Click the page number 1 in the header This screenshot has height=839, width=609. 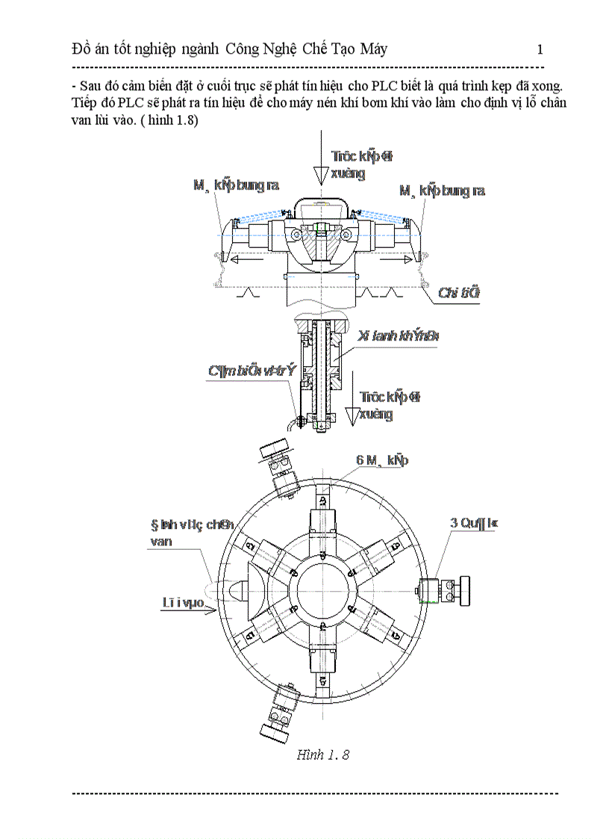(540, 50)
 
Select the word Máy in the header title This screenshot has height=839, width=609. (371, 50)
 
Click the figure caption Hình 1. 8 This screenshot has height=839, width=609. (322, 754)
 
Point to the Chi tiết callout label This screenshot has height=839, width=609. (459, 293)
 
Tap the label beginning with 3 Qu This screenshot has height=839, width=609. (473, 524)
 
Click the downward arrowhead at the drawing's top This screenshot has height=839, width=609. (319, 176)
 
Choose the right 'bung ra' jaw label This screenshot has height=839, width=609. (442, 191)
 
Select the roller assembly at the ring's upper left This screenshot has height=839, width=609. (278, 468)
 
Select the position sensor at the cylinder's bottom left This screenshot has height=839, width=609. (299, 421)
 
